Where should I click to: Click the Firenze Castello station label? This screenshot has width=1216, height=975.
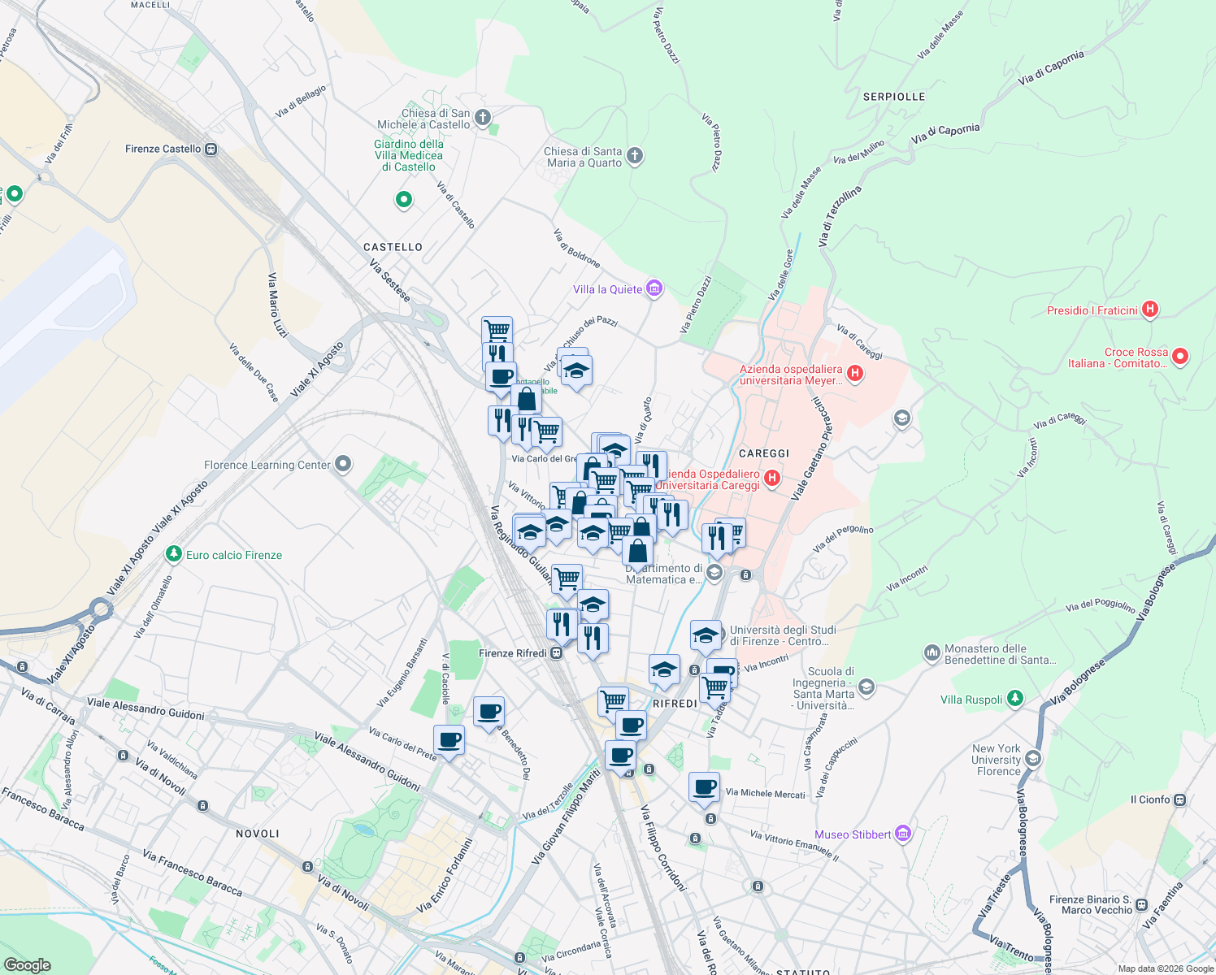click(163, 149)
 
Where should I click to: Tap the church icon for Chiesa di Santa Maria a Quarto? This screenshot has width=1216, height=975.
click(636, 156)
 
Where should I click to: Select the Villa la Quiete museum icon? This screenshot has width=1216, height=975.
click(654, 288)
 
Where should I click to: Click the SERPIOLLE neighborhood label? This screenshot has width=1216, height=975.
click(894, 97)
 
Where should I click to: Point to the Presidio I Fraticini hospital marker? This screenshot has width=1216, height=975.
click(1149, 310)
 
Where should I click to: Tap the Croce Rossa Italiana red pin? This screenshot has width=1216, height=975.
click(1181, 357)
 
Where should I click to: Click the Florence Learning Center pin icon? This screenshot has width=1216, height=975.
click(343, 465)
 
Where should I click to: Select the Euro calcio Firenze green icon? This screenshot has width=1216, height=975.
click(173, 554)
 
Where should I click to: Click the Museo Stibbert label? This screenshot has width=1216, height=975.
click(853, 834)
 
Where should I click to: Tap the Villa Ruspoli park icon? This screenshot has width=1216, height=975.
click(1014, 699)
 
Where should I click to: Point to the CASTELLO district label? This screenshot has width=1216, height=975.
click(393, 247)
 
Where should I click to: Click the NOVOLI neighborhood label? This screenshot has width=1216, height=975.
click(258, 834)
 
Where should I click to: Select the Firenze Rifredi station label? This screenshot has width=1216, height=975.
click(513, 653)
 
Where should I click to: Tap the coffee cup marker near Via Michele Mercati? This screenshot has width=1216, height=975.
click(705, 786)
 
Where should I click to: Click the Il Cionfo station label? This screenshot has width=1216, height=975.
click(1150, 799)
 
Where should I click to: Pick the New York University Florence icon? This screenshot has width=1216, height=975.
click(1032, 759)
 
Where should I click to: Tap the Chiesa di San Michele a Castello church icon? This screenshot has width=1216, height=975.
click(483, 119)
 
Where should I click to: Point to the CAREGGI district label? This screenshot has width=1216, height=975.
click(764, 453)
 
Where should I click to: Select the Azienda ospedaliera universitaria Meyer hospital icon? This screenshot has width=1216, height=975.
click(854, 374)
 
